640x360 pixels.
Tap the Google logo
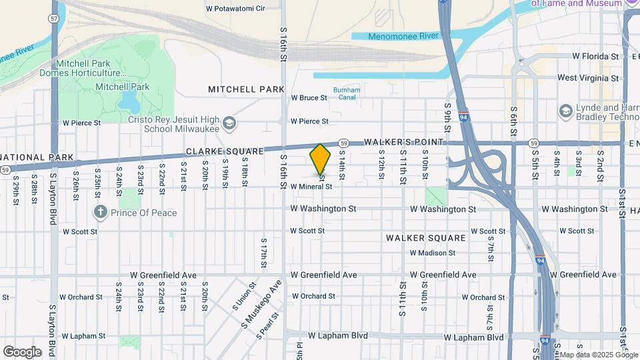click(22, 351)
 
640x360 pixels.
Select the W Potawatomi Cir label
click(235, 9)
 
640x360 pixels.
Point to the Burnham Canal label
click(346, 93)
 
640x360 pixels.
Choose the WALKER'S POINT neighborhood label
click(404, 142)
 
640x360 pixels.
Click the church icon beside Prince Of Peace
click(101, 213)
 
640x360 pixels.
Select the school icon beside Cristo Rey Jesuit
click(229, 123)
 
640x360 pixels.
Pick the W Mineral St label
click(311, 187)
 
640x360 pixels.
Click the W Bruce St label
click(309, 97)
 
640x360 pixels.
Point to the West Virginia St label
click(587, 78)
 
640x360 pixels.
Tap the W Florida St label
click(588, 56)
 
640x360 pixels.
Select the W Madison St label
click(432, 253)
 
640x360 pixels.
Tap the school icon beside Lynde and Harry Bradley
click(567, 110)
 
